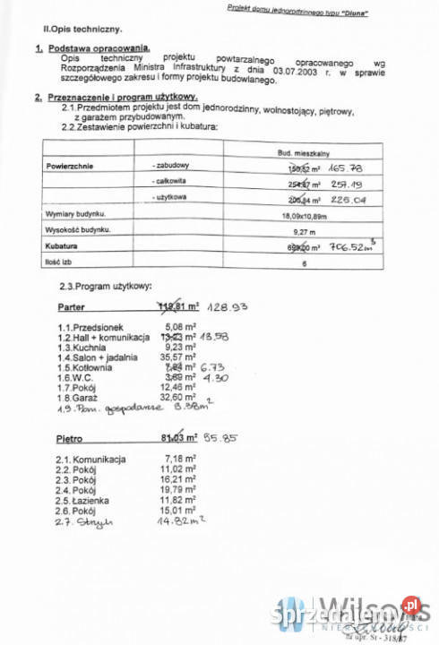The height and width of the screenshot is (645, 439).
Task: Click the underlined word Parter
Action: tap(62, 305)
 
